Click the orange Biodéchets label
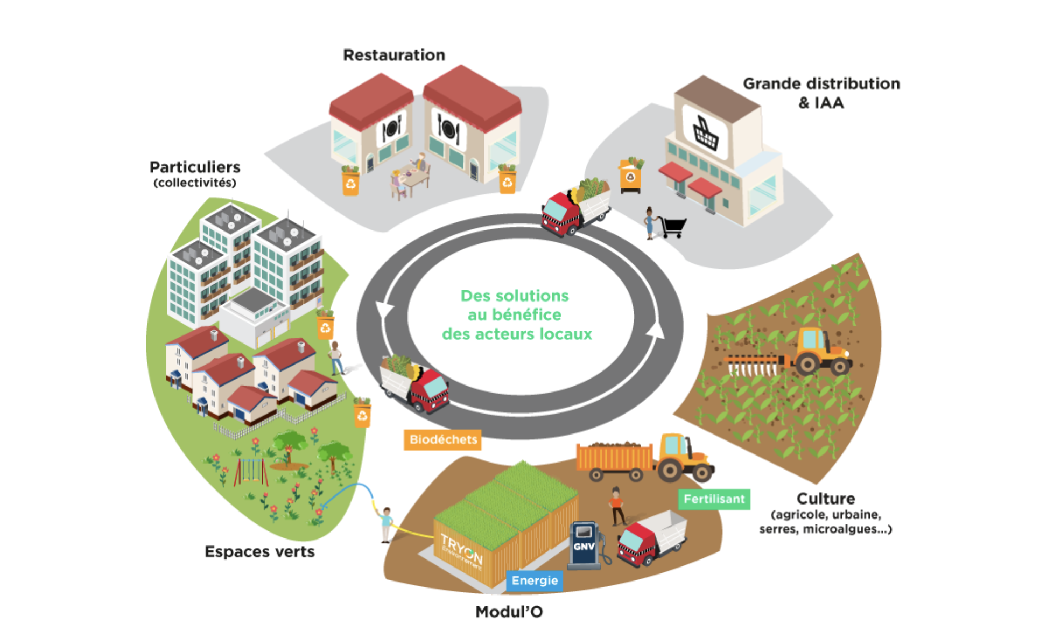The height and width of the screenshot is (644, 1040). pyautogui.click(x=443, y=439)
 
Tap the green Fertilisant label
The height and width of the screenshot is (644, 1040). pyautogui.click(x=714, y=499)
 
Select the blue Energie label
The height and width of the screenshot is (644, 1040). pyautogui.click(x=535, y=580)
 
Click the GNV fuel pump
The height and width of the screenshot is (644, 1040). pyautogui.click(x=585, y=545)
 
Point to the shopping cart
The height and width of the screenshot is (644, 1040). pyautogui.click(x=673, y=227)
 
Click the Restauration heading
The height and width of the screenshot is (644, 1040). pyautogui.click(x=394, y=55)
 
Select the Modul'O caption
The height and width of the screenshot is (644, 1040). pyautogui.click(x=509, y=612)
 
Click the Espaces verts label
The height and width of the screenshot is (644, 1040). pyautogui.click(x=259, y=552)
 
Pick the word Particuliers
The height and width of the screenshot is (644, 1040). pyautogui.click(x=195, y=167)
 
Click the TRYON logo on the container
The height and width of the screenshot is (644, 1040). pyautogui.click(x=461, y=549)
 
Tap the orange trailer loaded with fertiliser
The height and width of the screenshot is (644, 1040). pyautogui.click(x=614, y=459)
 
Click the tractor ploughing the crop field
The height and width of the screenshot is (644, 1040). pyautogui.click(x=818, y=351)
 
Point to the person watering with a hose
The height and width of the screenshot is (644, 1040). pyautogui.click(x=386, y=524)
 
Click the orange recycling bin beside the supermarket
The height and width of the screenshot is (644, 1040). pyautogui.click(x=630, y=176)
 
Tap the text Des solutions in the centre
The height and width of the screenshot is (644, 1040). pyautogui.click(x=515, y=296)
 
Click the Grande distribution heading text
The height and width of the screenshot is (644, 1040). pyautogui.click(x=821, y=84)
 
